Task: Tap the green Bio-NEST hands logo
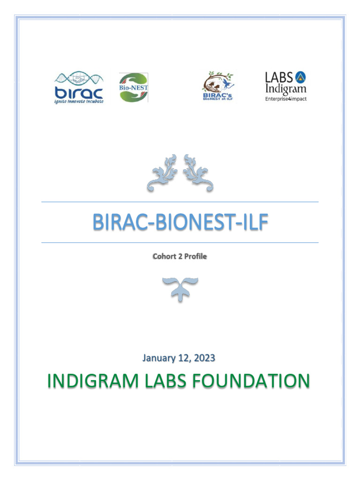click(x=133, y=87)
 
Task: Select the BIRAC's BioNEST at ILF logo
click(x=218, y=87)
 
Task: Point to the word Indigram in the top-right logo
click(x=286, y=88)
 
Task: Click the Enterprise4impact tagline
click(x=286, y=99)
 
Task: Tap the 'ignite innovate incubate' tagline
click(x=78, y=101)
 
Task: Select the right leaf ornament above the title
click(x=198, y=172)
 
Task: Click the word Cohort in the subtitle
click(x=164, y=257)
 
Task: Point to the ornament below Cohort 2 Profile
click(x=180, y=287)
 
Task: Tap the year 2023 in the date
click(x=205, y=358)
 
